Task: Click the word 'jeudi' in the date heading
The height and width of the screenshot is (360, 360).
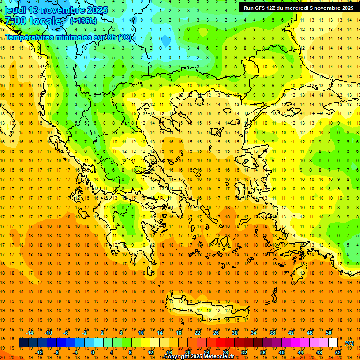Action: [15, 10]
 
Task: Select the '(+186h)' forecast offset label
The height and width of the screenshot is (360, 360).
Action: [83, 21]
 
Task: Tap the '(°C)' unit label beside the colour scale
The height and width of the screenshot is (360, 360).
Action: [349, 343]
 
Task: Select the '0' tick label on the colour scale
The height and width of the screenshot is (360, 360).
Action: [92, 352]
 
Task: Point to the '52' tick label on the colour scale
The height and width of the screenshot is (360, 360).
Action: [338, 352]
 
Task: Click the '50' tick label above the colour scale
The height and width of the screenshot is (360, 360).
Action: [329, 332]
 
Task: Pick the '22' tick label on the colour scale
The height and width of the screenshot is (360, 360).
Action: [197, 332]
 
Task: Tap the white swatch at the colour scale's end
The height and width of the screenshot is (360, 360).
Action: [333, 343]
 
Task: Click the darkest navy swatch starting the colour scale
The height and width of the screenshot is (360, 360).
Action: [23, 343]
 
